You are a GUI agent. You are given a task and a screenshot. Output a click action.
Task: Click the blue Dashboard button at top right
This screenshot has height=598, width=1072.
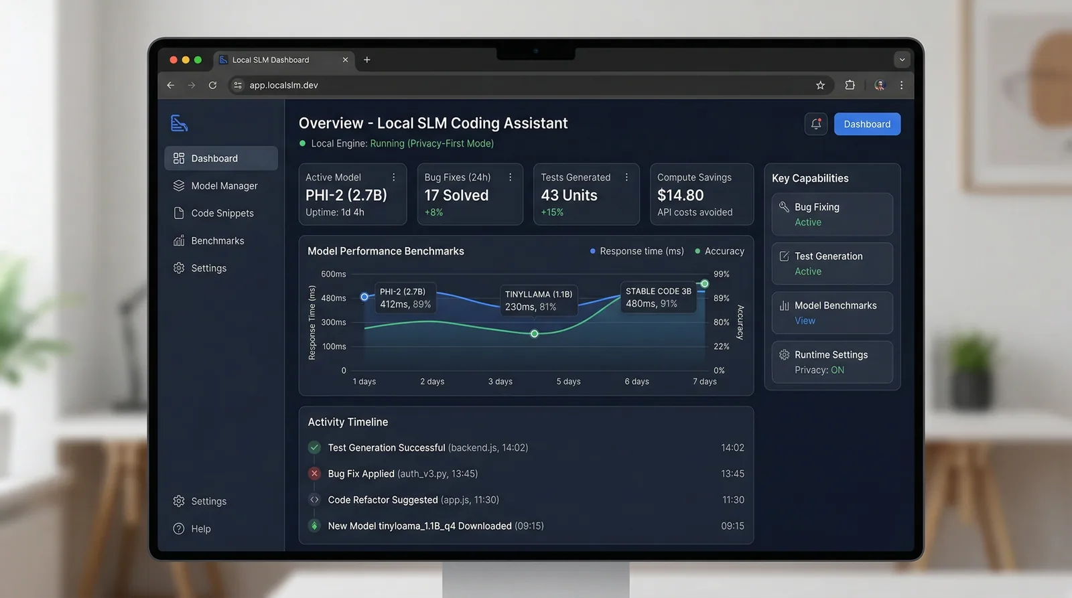pos(867,124)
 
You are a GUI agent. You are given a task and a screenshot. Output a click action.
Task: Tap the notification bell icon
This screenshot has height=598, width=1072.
pos(816,124)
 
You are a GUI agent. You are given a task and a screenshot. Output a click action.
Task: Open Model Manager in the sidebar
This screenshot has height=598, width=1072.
pos(224,185)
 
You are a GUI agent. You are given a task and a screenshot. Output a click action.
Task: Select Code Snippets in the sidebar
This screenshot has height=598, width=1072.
pos(222,213)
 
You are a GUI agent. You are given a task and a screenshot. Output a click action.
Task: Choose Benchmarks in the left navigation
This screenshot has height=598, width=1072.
pos(217,240)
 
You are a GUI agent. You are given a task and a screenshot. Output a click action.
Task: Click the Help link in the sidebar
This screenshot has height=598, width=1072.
pos(200,528)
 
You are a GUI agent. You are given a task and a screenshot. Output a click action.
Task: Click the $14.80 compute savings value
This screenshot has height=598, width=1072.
pos(680,195)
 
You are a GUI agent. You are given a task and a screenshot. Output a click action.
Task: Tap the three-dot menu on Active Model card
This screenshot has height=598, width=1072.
pos(393,177)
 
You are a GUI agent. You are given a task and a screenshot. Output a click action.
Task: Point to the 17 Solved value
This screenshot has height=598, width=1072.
pos(456,195)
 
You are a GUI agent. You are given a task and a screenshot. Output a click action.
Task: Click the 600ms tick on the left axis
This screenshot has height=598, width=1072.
pos(333,274)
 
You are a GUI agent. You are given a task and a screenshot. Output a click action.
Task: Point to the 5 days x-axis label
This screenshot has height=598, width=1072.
pos(568,381)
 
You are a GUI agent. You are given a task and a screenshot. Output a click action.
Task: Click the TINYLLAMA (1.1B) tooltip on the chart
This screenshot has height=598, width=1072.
pos(539,301)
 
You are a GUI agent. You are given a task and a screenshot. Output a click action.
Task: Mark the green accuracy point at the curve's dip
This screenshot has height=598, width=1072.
pos(534,334)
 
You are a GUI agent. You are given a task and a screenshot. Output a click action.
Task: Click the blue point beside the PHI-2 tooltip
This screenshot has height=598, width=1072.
pos(364,297)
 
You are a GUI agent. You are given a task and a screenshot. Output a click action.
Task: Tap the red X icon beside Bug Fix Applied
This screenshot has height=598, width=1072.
pos(314,473)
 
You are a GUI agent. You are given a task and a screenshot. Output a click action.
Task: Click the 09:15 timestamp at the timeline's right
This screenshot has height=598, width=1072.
pos(732,526)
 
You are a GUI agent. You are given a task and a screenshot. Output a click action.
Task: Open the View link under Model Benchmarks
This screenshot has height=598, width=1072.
pos(805,321)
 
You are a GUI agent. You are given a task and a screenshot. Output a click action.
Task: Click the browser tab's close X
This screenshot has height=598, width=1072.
pos(345,60)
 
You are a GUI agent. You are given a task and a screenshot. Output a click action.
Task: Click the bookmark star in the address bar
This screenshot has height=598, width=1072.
pos(820,85)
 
